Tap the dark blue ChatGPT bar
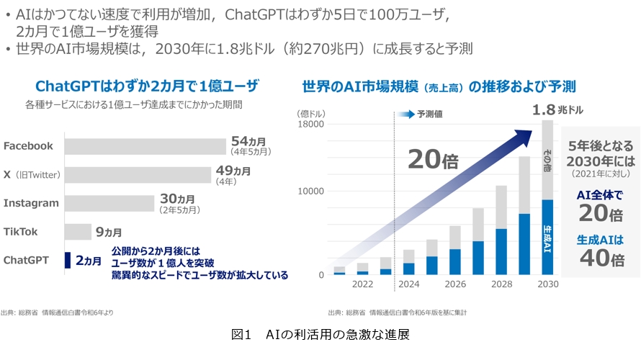point(68,260)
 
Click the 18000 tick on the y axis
point(311,125)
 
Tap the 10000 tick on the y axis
point(311,192)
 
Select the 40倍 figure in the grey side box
point(601,258)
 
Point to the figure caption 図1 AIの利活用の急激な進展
point(320,335)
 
